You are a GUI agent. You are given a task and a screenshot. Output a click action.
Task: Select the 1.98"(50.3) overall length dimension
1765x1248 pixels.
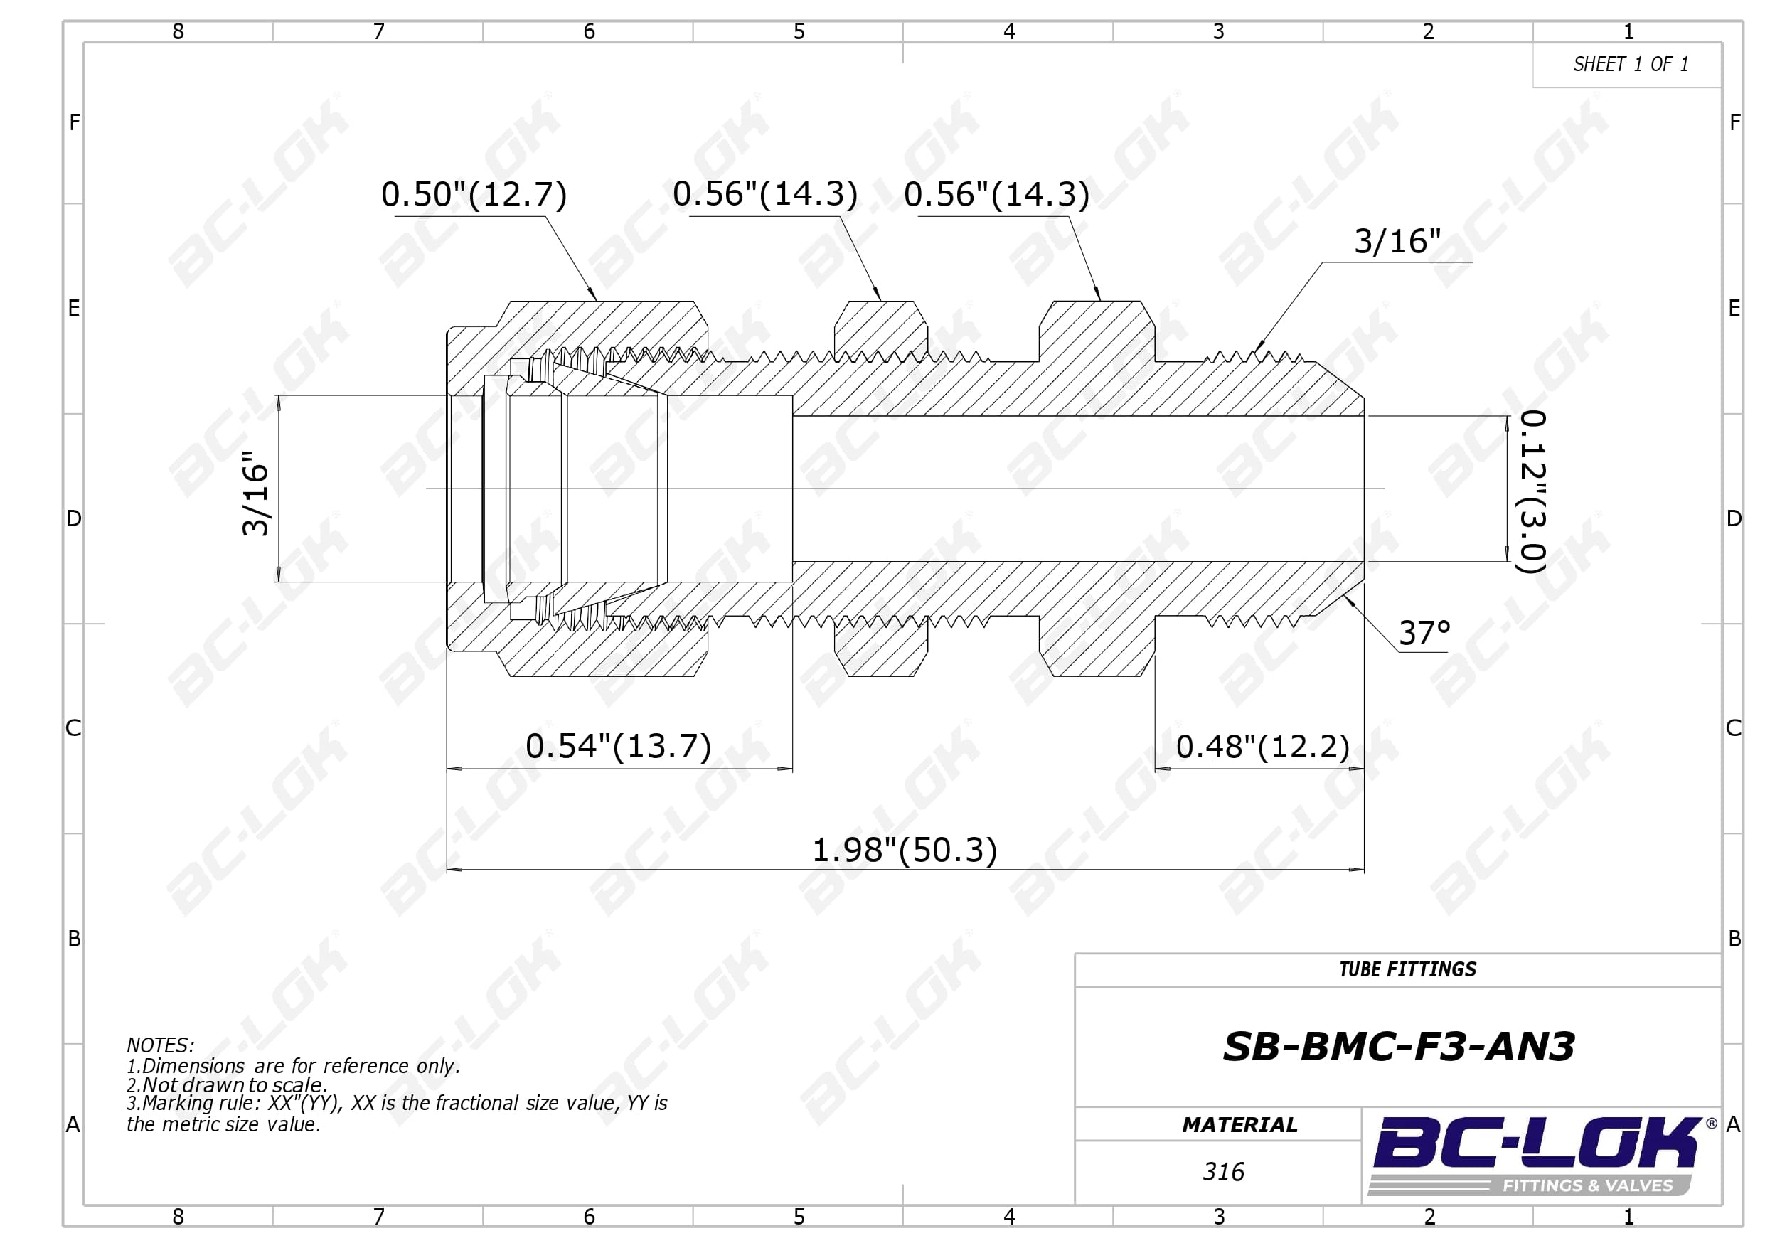click(904, 850)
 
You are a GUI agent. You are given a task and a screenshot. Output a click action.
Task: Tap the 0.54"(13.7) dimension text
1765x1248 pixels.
click(618, 746)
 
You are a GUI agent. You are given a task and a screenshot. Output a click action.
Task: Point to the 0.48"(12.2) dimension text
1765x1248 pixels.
click(1262, 746)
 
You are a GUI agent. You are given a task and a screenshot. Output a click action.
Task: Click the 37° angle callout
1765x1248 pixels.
click(1424, 633)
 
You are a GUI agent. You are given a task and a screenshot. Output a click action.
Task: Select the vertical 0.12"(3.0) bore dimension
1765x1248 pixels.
click(1532, 492)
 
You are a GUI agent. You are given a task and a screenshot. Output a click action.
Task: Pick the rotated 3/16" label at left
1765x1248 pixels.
click(255, 492)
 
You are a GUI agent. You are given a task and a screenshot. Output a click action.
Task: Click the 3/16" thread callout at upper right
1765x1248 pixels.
click(1397, 242)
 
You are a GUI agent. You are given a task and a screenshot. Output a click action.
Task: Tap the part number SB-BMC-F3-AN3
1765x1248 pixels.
click(1398, 1047)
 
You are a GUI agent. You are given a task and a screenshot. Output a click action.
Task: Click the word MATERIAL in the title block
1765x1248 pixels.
click(1239, 1125)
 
